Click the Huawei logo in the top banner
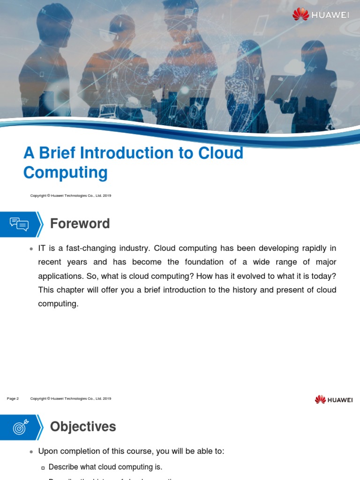321,15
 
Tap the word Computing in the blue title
65,173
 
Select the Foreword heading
80,224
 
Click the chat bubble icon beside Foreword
19,224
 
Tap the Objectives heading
82,427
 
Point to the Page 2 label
13,398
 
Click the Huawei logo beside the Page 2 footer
334,399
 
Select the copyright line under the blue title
70,195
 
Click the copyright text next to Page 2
70,398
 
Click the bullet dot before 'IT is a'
31,248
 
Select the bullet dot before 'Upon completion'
31,452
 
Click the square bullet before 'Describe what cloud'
43,467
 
